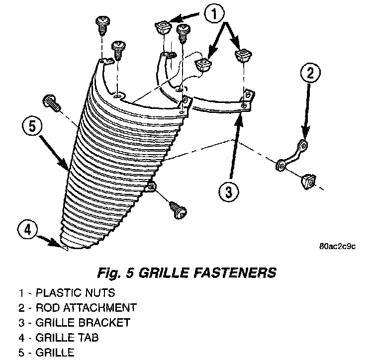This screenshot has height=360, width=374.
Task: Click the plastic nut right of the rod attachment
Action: (308, 181)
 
